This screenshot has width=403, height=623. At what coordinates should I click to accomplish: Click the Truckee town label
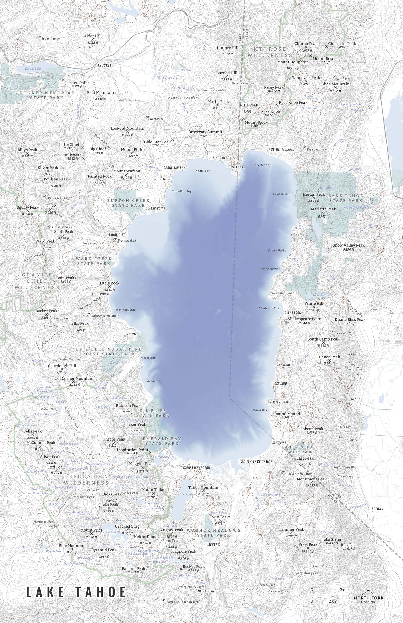pos(104,65)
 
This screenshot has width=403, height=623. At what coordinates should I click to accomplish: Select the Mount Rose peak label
pos(323,59)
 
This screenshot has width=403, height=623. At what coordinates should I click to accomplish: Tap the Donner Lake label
pos(33,68)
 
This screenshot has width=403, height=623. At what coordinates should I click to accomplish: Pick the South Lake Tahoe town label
pos(256,461)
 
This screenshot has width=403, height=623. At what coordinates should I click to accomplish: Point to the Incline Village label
pos(280,149)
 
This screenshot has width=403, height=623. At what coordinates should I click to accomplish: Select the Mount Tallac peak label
pos(153,490)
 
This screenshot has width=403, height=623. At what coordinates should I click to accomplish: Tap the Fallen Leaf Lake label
pos(183,494)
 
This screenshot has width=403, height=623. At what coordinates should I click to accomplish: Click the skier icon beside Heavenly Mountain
pos(283,472)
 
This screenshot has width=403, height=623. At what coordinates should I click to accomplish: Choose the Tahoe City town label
pos(117,235)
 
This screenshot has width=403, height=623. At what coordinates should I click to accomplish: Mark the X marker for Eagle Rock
pos(110,287)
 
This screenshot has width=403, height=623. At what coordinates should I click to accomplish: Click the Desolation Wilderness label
pos(86,480)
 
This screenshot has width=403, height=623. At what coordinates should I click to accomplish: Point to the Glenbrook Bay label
pos(269,308)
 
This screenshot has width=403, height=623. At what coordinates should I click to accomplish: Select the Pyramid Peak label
pos(104,550)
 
